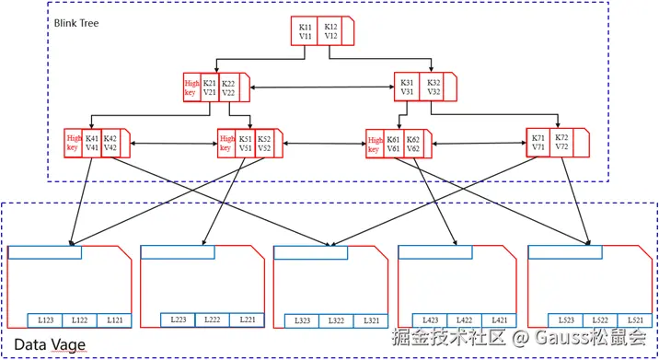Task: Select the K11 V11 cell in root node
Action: point(305,32)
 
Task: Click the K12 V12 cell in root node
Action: point(331,32)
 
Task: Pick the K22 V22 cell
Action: point(229,87)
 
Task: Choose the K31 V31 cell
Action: point(407,87)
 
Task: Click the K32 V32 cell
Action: point(434,87)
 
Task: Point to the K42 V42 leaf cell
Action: point(110,143)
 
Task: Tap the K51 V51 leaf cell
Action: point(246,143)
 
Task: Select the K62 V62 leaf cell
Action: point(413,143)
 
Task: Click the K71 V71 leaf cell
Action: point(538,143)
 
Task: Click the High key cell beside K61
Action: point(374,144)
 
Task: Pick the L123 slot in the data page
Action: point(46,320)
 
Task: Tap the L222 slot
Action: point(214,319)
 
